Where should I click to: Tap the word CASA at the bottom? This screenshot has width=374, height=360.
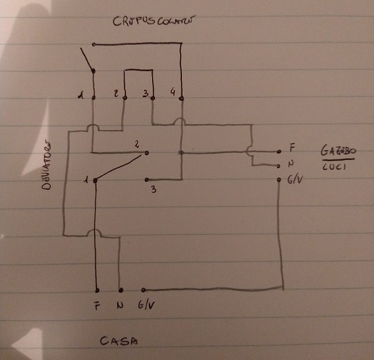(x=118, y=341)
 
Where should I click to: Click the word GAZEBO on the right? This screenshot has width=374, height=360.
(x=340, y=151)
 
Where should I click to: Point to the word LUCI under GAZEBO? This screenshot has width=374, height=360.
(x=336, y=169)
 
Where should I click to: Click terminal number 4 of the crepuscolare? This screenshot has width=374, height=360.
(x=173, y=93)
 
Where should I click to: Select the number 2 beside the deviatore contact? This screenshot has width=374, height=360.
(x=136, y=143)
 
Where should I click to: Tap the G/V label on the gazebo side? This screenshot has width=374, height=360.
(x=297, y=181)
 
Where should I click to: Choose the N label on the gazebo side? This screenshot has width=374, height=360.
(x=292, y=165)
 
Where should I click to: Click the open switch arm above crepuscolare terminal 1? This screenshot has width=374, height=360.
(x=87, y=59)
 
